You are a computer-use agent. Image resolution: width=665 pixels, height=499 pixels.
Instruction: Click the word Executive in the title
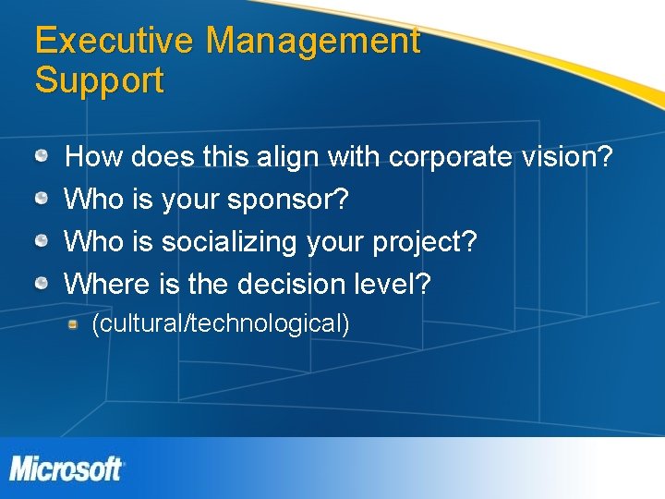click(x=115, y=41)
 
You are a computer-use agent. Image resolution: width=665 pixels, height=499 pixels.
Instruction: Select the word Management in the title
click(x=313, y=41)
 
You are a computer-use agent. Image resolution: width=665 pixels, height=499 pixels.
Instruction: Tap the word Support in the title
click(x=100, y=81)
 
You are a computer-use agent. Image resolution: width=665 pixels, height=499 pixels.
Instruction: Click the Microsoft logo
click(x=66, y=469)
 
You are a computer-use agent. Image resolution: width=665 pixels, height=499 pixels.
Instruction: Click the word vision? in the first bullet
click(x=572, y=157)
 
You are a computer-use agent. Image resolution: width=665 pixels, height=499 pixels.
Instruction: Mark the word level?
click(x=393, y=284)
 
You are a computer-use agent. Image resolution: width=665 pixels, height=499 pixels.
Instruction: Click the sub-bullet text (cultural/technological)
click(x=220, y=323)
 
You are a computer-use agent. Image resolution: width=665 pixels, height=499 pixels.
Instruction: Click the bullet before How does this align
click(x=42, y=157)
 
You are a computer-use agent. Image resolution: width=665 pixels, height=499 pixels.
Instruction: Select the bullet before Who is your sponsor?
click(x=42, y=200)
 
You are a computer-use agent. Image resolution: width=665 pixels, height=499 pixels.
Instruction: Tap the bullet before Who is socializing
click(x=42, y=241)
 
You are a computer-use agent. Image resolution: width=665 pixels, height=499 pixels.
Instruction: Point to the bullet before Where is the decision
click(x=42, y=284)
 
